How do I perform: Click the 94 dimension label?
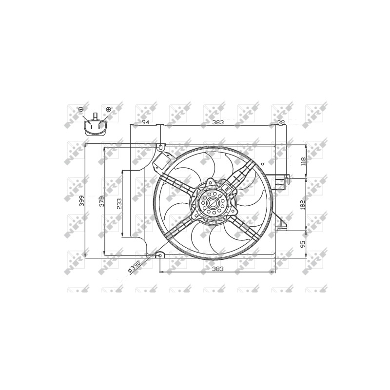145,122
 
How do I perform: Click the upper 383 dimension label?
218,122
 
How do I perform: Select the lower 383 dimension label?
218,269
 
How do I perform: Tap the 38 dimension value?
281,122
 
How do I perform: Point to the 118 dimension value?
303,161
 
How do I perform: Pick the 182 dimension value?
303,205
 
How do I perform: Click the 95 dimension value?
303,244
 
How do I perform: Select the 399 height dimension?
82,201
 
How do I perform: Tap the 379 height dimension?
102,201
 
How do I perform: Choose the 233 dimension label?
119,204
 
